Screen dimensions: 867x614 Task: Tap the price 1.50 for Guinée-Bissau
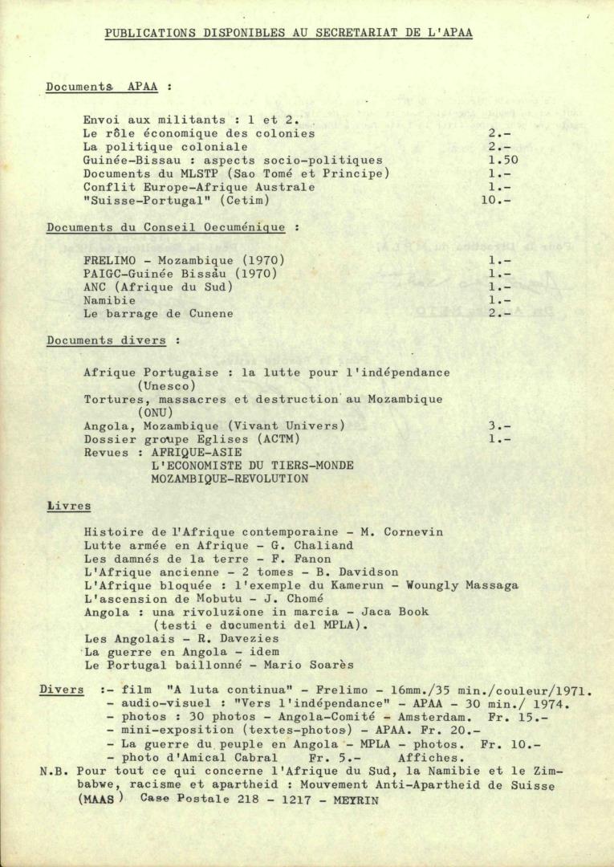click(503, 161)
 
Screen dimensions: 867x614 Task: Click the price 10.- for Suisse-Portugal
click(496, 200)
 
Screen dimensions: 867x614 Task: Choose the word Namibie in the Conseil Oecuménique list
click(110, 300)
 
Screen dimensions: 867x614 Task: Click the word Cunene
click(211, 314)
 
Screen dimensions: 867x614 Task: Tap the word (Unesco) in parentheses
click(166, 386)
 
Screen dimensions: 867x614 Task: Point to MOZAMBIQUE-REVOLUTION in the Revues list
click(230, 478)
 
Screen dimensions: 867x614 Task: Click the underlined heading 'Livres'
click(69, 507)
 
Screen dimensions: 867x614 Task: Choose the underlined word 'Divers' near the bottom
click(62, 690)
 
